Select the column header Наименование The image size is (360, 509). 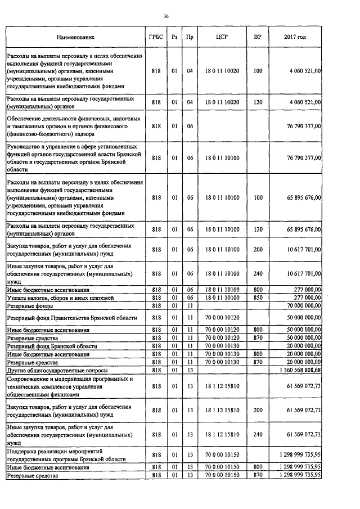pyautogui.click(x=75, y=37)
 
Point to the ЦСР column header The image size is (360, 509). pyautogui.click(x=222, y=37)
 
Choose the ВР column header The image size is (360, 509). pyautogui.click(x=258, y=37)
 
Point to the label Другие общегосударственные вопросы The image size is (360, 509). pyautogui.click(x=56, y=371)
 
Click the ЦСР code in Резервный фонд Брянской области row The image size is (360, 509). pyautogui.click(x=222, y=346)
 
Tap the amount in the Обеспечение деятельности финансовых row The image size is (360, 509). pyautogui.click(x=302, y=127)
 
